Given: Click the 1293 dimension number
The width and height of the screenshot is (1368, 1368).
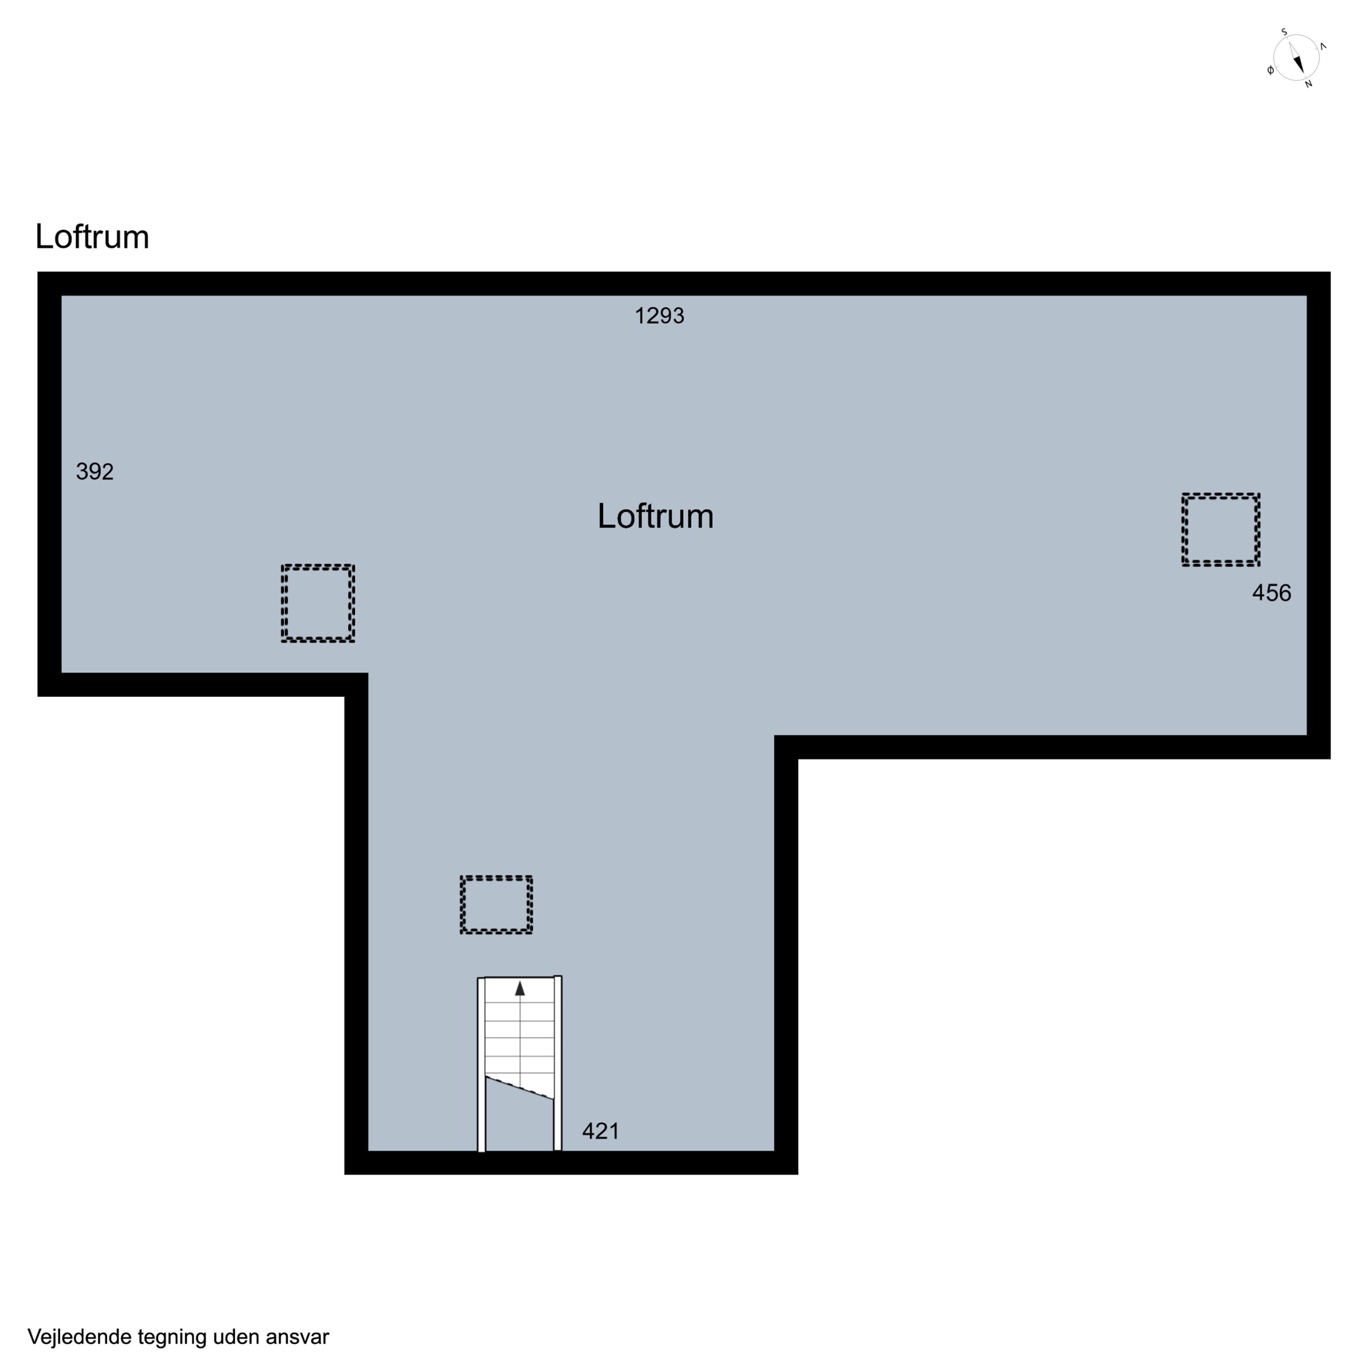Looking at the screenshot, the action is click(x=659, y=316).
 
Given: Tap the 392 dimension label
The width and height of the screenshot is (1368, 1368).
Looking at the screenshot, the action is click(x=95, y=472).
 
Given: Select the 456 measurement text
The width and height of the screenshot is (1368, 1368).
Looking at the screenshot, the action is click(x=1272, y=593).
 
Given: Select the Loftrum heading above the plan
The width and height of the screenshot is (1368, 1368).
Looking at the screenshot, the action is click(x=92, y=237).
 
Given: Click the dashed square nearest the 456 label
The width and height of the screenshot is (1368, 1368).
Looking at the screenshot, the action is click(x=1221, y=495).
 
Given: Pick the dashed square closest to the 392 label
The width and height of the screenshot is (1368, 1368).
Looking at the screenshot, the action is click(x=318, y=566).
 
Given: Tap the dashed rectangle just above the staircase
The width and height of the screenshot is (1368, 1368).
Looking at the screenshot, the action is click(x=497, y=878).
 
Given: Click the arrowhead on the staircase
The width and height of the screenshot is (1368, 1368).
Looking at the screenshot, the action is click(x=520, y=989).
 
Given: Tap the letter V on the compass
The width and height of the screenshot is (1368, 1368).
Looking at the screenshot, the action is click(x=1323, y=47).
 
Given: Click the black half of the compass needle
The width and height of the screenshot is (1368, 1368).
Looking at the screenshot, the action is click(x=1299, y=64).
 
